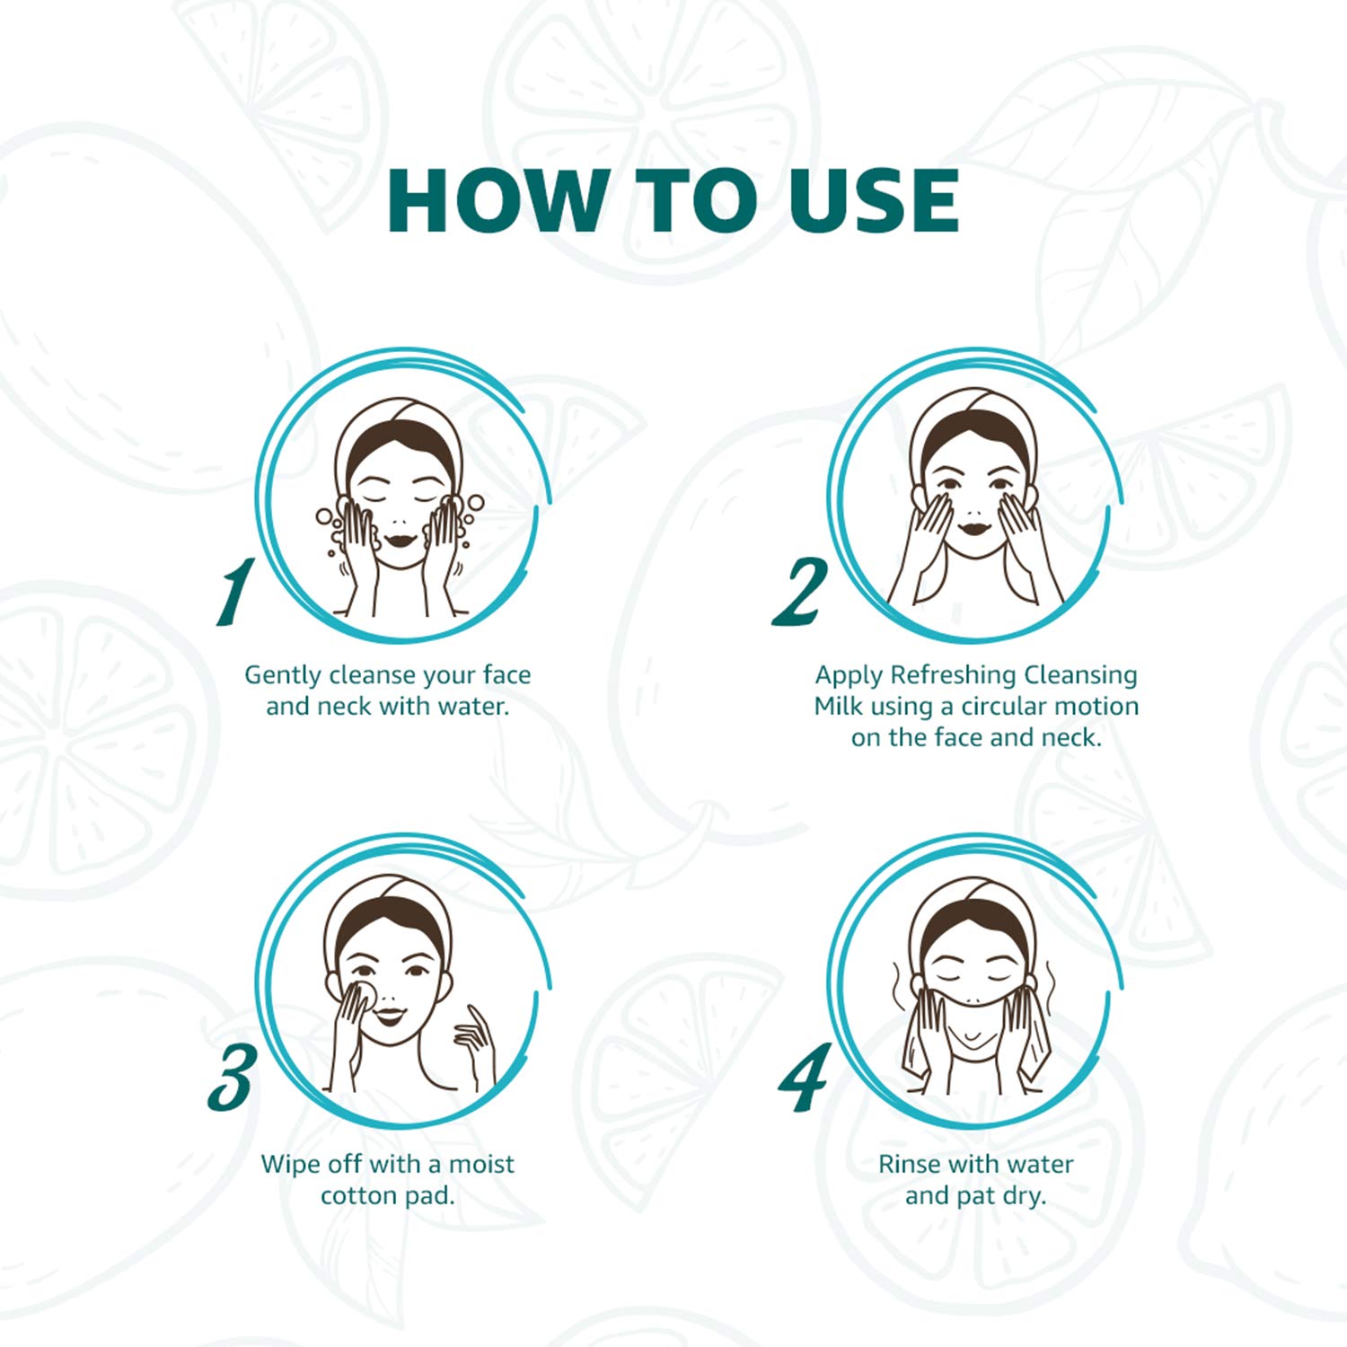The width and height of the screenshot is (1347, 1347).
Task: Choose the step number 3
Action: click(x=232, y=1077)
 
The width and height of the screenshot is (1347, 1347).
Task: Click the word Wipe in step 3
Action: click(x=285, y=1164)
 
